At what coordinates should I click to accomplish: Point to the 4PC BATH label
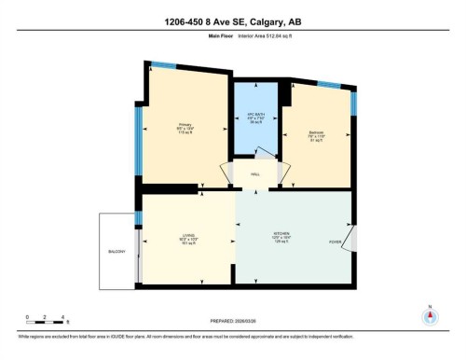[x=256, y=118]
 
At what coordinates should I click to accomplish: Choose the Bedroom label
[x=316, y=135]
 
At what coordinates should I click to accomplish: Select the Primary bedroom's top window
[x=163, y=64]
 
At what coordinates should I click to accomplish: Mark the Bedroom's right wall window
[x=353, y=101]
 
